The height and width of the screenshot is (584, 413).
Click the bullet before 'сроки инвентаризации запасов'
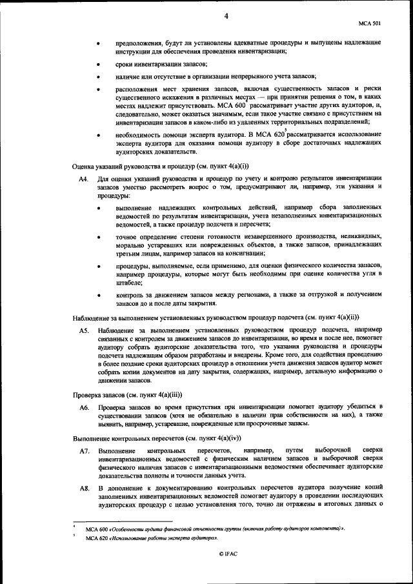pos(97,65)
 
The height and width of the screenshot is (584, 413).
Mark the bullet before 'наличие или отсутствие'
pos(97,76)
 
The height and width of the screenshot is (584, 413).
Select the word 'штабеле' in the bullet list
pos(128,283)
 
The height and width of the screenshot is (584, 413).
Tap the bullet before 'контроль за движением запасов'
pos(97,296)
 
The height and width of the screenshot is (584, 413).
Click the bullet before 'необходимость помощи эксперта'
pos(97,134)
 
